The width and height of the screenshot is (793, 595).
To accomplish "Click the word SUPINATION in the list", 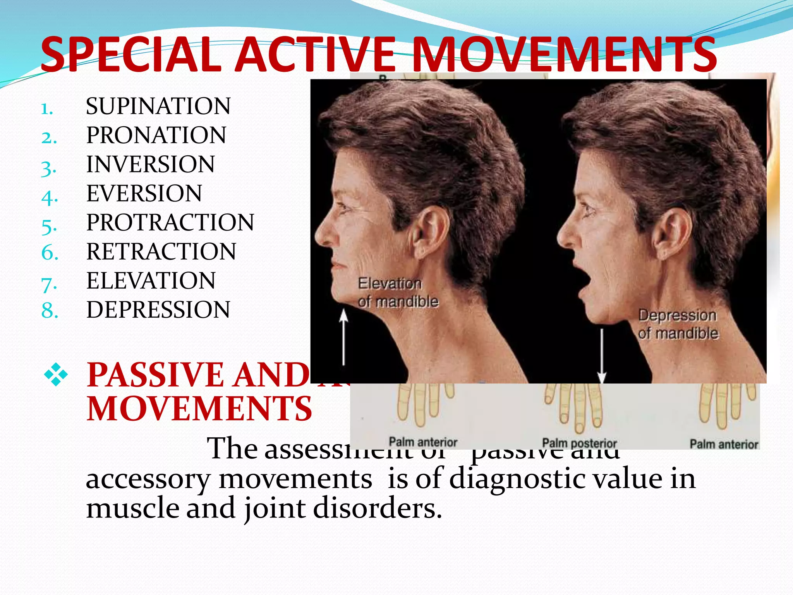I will [158, 106].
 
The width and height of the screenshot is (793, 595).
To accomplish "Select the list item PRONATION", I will [156, 135].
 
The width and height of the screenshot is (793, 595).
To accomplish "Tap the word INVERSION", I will [150, 164].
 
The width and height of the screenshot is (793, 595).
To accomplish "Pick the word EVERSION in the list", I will [144, 193].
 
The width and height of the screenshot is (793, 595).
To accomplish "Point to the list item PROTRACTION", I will [170, 222].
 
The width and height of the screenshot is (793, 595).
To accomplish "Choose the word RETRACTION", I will [161, 251].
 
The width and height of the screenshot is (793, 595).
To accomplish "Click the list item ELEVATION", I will [151, 280].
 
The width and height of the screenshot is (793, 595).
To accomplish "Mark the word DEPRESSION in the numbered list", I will [158, 310].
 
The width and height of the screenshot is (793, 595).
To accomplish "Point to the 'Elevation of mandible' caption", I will [398, 292].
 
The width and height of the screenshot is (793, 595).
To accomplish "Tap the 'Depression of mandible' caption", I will [678, 324].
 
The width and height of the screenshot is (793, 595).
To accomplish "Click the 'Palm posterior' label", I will [579, 443].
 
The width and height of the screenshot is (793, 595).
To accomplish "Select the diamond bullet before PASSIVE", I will [56, 375].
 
